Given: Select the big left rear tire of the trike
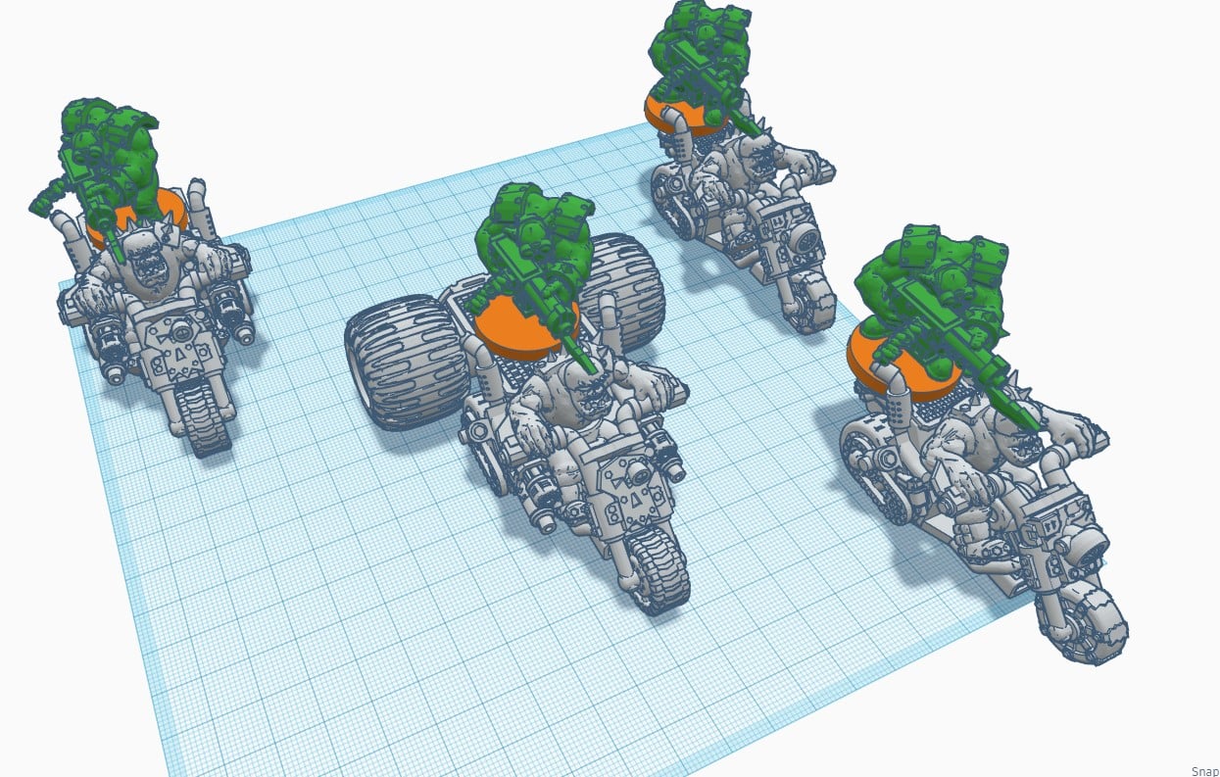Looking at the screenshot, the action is tap(406, 362).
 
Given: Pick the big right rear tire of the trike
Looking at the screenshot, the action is tap(625, 291).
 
